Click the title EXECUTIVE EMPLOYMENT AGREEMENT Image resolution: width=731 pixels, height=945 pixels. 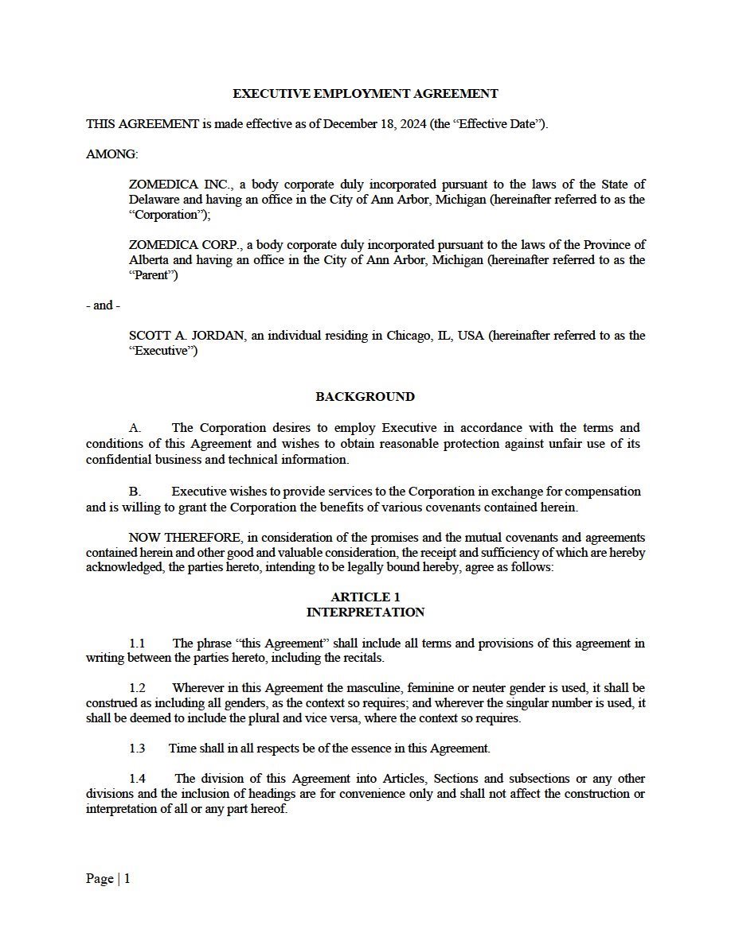pyautogui.click(x=365, y=94)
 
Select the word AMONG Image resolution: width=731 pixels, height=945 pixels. pyautogui.click(x=111, y=154)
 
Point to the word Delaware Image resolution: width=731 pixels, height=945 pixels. pyautogui.click(x=154, y=200)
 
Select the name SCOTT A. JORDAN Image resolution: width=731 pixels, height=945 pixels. pyautogui.click(x=187, y=336)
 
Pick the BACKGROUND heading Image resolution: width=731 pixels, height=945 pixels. pyautogui.click(x=365, y=397)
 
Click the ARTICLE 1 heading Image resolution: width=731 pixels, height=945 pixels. pyautogui.click(x=365, y=597)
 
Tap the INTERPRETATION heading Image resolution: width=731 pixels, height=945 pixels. pyautogui.click(x=365, y=612)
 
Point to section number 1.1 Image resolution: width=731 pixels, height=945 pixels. pyautogui.click(x=137, y=643)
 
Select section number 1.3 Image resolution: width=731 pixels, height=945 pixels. pyautogui.click(x=137, y=749)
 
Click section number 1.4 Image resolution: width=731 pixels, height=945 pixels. pyautogui.click(x=137, y=779)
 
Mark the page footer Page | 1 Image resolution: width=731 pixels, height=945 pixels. pyautogui.click(x=107, y=879)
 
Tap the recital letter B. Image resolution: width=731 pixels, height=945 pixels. pyautogui.click(x=134, y=492)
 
